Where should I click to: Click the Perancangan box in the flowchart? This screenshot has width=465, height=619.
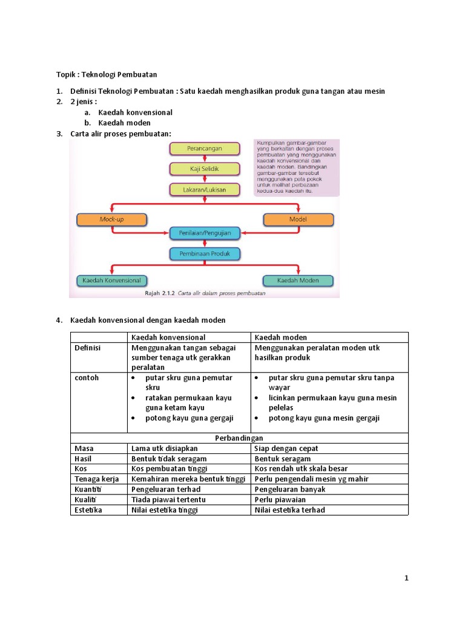pos(204,147)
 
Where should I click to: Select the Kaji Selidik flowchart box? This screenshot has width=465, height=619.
pos(204,169)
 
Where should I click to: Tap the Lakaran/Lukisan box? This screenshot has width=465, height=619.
pos(204,189)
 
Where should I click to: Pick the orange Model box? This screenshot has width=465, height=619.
pos(298,219)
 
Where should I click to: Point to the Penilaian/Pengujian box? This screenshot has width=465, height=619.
pos(205,232)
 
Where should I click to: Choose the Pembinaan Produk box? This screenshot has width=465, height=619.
pos(205,253)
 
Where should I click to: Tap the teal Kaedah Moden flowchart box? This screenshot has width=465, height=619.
pos(298,280)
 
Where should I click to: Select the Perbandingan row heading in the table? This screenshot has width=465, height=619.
pos(239,438)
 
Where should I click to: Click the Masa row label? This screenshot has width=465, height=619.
pos(84,449)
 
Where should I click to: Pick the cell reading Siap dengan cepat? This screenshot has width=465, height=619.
pos(286,449)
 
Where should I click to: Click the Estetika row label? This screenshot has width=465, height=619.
pos(88,510)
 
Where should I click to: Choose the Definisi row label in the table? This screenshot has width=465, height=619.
pos(87,348)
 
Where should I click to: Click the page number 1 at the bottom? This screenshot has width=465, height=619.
pos(406,578)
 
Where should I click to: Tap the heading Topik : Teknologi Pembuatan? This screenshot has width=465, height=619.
pos(107,74)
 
